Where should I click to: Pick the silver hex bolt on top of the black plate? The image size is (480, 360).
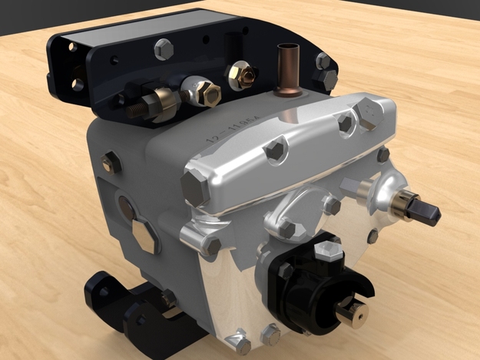point(163,49)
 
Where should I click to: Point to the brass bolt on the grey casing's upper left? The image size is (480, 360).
point(111,162)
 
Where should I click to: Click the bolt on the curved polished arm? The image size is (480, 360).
point(286,229)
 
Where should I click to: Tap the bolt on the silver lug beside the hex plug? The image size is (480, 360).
point(211,246)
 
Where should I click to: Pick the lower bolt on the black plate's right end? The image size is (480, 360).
point(329,79)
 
